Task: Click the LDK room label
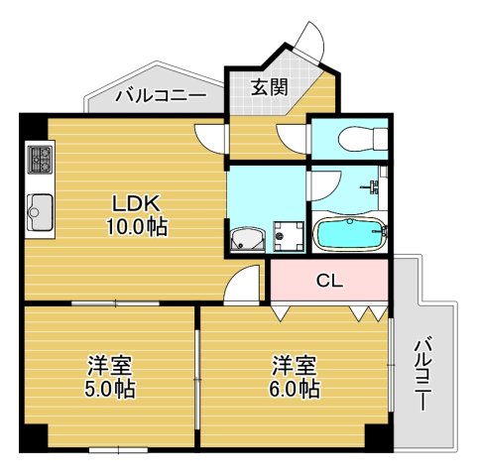click(136, 203)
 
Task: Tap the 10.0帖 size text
click(136, 227)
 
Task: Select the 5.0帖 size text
click(110, 389)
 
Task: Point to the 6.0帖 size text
click(294, 389)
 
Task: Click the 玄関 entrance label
click(270, 87)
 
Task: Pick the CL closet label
click(329, 281)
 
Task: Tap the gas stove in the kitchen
click(41, 160)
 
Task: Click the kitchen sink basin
click(40, 212)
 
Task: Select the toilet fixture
click(363, 139)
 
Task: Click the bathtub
click(350, 234)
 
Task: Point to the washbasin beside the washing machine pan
click(248, 239)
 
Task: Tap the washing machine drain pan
click(289, 236)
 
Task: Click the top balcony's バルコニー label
click(161, 96)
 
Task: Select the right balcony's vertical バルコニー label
click(423, 373)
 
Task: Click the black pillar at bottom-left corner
click(34, 437)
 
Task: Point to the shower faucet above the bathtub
click(374, 186)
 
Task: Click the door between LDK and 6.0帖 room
click(242, 284)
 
